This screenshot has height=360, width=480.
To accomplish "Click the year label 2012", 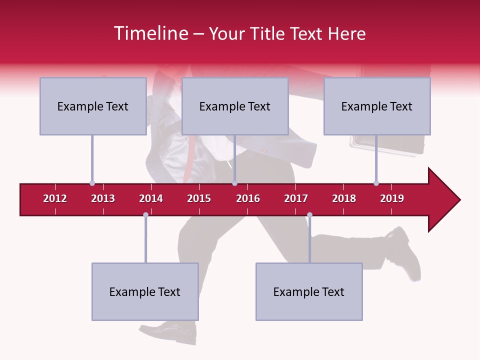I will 55,198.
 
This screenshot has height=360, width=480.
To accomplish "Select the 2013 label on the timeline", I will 103,198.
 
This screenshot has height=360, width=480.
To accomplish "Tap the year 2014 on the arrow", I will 151,198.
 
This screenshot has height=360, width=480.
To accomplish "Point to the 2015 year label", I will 199,198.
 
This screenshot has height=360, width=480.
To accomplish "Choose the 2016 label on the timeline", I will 248,198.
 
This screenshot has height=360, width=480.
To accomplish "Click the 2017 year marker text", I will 296,198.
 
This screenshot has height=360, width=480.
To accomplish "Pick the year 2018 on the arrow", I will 344,198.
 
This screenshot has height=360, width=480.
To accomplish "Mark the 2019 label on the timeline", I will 392,198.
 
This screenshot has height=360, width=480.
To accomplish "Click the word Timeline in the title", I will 150,33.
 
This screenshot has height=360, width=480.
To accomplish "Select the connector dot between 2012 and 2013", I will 92,183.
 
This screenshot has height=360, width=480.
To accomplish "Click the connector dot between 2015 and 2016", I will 234,183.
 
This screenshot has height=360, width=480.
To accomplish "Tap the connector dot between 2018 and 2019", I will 376,183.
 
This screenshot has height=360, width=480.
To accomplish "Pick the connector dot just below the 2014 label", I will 145,214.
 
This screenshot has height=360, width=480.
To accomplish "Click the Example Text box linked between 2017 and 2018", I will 309,291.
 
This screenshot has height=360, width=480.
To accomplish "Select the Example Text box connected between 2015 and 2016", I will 235,106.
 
